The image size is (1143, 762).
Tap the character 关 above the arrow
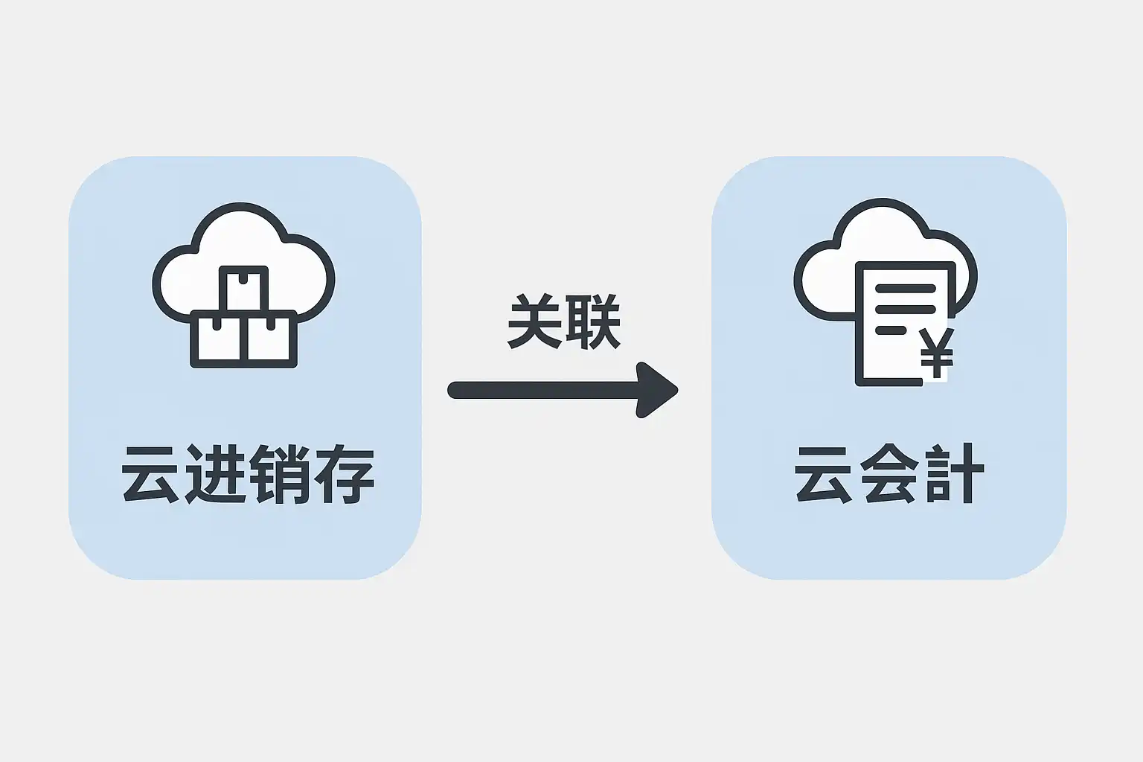(x=534, y=322)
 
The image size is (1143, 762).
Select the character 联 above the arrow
(x=593, y=322)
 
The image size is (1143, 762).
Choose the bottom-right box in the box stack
(x=272, y=339)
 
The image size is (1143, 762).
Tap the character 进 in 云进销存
(x=214, y=474)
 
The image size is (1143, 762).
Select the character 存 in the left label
(x=342, y=474)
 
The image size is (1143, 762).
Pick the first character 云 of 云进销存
(x=151, y=474)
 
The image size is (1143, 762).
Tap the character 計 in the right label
(x=953, y=474)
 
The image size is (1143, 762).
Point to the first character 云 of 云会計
(x=825, y=474)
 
